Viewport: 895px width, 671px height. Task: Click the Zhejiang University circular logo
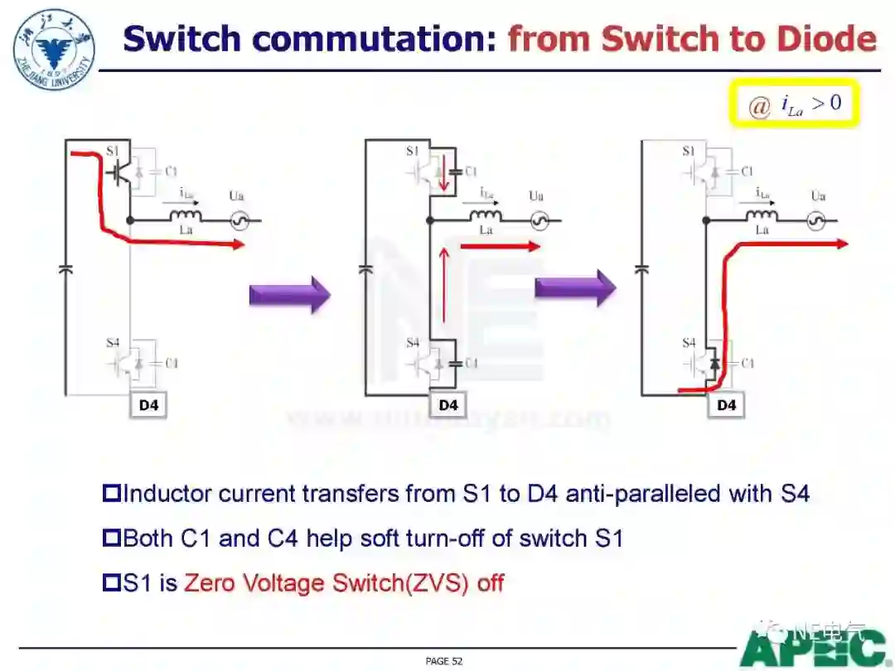coord(54,50)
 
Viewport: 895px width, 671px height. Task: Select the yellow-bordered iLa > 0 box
coord(794,104)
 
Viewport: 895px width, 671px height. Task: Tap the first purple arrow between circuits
coord(289,295)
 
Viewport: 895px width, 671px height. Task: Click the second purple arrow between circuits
coord(575,287)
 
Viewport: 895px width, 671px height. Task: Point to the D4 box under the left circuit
coord(148,405)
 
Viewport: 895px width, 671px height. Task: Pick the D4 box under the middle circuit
coord(448,405)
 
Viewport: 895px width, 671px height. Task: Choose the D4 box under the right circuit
coord(726,405)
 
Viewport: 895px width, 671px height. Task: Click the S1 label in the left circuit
coord(114,152)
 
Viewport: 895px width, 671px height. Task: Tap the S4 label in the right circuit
coord(689,342)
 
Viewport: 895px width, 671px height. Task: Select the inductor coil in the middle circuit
coord(486,217)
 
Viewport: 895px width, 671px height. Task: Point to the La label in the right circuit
coord(762,230)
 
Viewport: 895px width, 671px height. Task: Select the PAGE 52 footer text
coord(443,661)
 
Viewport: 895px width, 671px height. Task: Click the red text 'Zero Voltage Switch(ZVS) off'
coord(344,582)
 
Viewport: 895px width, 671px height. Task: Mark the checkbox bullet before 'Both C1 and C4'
coord(111,538)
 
